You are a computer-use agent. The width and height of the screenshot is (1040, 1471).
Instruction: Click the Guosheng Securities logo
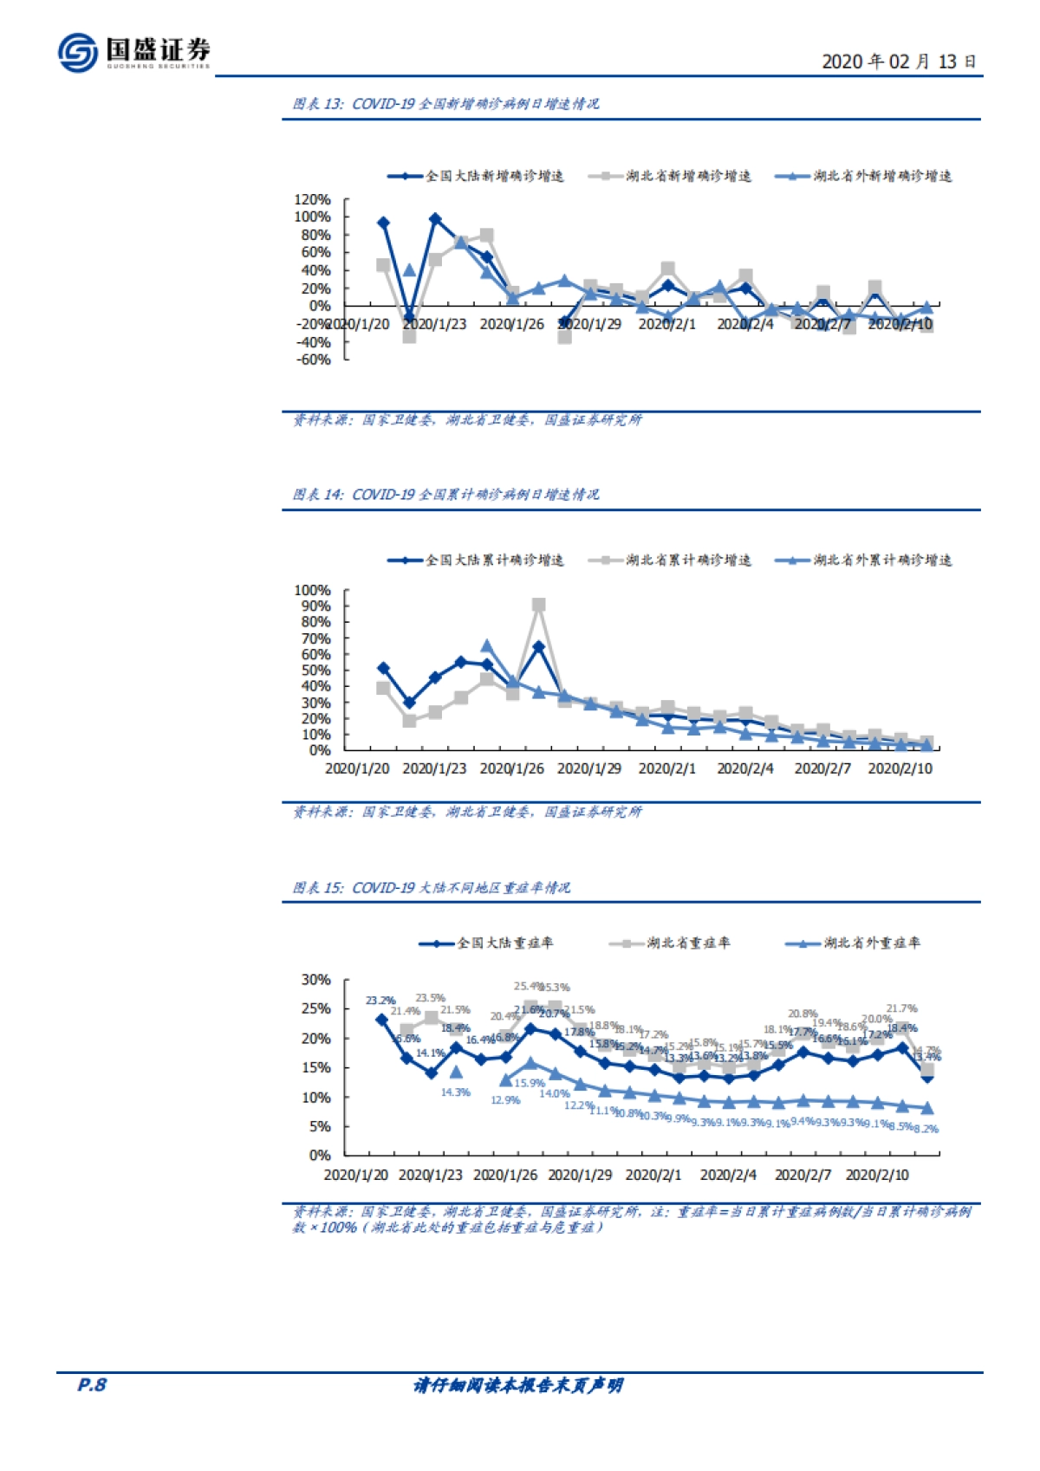(134, 52)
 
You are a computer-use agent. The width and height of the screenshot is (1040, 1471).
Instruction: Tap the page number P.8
(91, 1384)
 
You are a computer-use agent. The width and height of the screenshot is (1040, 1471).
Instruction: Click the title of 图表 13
(445, 104)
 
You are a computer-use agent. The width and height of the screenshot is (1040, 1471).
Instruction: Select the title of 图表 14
(445, 495)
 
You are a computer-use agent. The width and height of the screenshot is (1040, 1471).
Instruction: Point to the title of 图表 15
(431, 888)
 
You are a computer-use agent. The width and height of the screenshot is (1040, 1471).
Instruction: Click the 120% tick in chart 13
(312, 199)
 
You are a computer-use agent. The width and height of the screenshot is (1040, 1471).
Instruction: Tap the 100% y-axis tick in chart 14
(312, 590)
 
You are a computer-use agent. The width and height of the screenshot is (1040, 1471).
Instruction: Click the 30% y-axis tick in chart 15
(315, 980)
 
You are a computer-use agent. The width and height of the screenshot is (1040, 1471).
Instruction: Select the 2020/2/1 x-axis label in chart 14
(666, 768)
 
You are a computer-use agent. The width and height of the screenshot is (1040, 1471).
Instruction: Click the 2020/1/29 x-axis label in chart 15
(580, 1176)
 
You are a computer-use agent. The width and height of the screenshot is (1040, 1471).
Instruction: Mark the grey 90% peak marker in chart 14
(538, 605)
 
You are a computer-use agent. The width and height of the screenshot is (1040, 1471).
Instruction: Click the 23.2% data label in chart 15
(380, 1001)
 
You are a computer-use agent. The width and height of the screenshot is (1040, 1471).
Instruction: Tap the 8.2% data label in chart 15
(926, 1129)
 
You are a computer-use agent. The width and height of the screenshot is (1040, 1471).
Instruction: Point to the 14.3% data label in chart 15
(455, 1092)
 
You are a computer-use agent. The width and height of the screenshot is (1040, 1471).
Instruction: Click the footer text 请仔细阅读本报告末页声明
(518, 1385)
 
